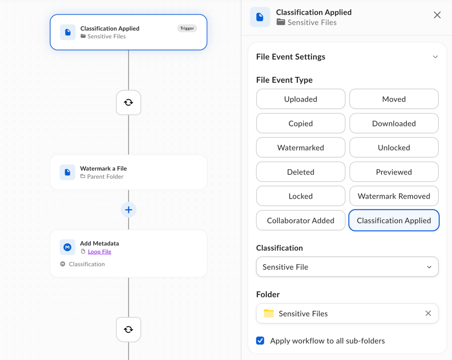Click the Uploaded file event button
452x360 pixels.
click(x=301, y=99)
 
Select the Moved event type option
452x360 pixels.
click(x=394, y=99)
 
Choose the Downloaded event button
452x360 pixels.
click(x=394, y=124)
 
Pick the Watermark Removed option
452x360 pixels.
click(x=394, y=196)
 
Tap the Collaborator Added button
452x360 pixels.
click(x=301, y=220)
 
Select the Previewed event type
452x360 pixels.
click(x=394, y=172)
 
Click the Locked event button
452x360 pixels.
click(x=301, y=196)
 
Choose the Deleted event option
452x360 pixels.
click(x=301, y=172)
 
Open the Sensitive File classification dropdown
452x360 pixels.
click(x=347, y=267)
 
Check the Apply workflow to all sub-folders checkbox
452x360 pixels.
click(x=260, y=341)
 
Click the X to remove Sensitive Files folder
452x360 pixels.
click(x=428, y=313)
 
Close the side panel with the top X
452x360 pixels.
click(x=437, y=15)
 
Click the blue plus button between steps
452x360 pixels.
click(x=128, y=210)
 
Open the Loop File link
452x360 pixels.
click(x=99, y=251)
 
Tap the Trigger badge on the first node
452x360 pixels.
click(x=187, y=28)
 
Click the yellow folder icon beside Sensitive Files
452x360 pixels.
click(x=269, y=313)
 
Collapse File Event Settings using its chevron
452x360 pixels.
click(x=435, y=57)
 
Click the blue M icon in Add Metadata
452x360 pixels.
click(x=68, y=247)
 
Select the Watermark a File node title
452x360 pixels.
click(x=103, y=168)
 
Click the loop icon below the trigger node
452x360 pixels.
click(x=128, y=102)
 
